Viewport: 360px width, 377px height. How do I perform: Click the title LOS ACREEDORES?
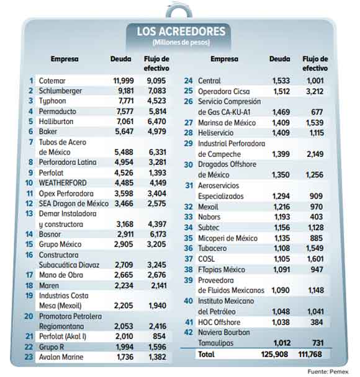pos(181,32)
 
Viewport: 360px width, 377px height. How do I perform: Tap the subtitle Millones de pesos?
pos(181,42)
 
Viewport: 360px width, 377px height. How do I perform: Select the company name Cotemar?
pos(52,81)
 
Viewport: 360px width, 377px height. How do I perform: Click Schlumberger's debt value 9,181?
pos(125,91)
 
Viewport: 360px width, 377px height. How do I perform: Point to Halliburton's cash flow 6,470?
pos(156,122)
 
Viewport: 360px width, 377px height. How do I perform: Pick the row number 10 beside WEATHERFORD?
pos(29,183)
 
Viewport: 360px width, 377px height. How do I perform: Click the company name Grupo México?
pos(60,244)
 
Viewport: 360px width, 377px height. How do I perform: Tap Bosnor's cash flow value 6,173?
pos(158,234)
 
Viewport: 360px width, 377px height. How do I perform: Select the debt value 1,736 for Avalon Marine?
pos(125,357)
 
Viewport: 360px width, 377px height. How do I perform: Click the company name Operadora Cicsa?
pos(224,92)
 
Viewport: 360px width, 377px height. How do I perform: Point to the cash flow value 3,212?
pos(315,91)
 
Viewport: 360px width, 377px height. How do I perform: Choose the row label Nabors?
pos(209,217)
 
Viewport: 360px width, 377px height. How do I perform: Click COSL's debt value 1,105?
pos(282,259)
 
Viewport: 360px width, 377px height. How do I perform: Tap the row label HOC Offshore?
pos(219,322)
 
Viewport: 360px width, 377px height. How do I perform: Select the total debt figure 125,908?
pos(274,354)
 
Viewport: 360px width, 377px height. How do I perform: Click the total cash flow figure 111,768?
pos(310,354)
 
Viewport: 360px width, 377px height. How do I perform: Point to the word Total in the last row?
pos(206,354)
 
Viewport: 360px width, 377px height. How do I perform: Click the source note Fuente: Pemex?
pos(328,371)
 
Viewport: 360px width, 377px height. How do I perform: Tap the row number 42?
pos(189,332)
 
